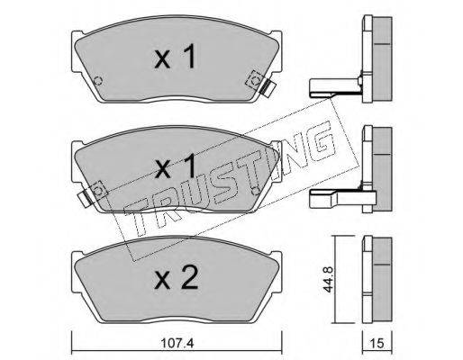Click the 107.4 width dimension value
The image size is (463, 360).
coord(177,343)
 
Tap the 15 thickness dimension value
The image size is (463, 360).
coord(377,343)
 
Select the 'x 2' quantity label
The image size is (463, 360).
coord(176,278)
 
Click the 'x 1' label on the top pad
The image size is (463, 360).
coord(175,57)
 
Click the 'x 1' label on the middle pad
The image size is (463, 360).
coord(175,166)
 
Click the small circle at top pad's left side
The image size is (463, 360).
coord(98,81)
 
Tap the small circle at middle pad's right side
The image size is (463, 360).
coord(256,191)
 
